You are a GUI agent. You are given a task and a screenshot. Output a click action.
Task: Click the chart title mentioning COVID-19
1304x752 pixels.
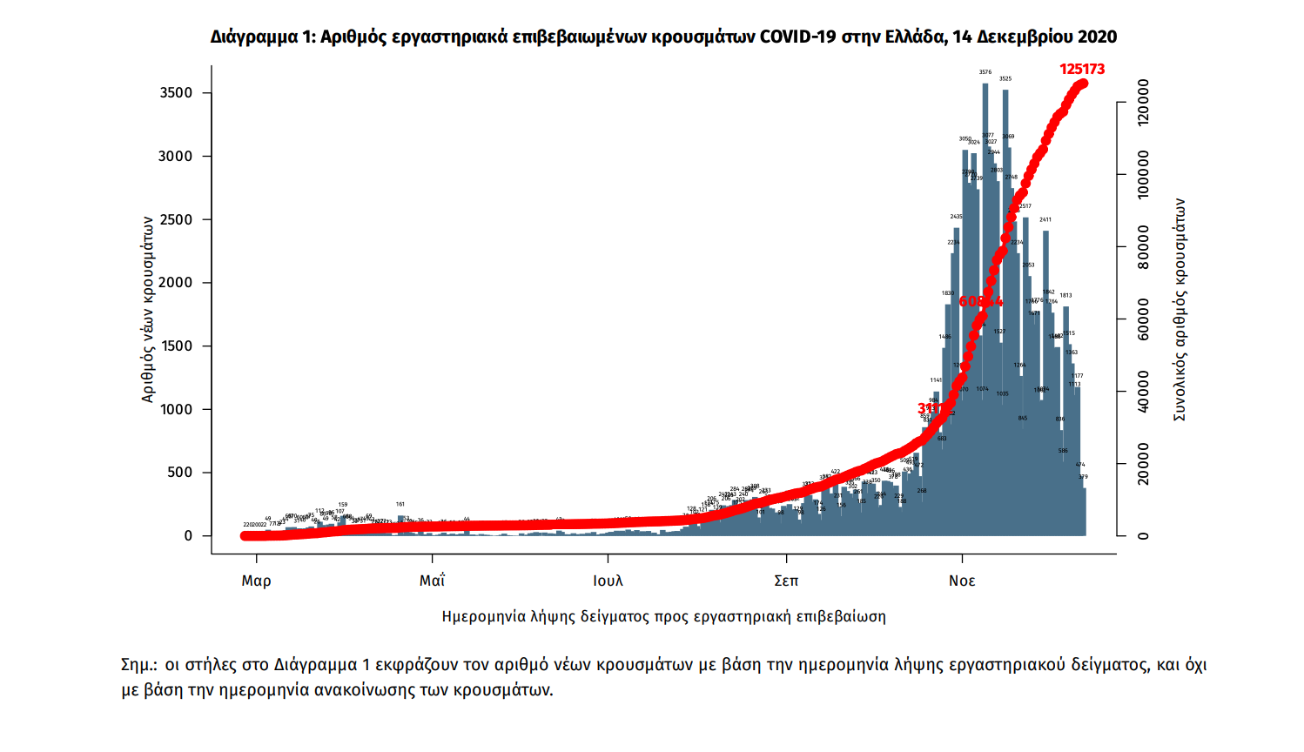point(663,37)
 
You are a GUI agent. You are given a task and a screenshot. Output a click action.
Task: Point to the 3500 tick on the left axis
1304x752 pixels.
point(176,93)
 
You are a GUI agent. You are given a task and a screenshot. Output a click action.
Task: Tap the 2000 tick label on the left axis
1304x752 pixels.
point(176,283)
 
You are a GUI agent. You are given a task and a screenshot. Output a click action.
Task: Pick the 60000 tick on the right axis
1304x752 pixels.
point(1143,319)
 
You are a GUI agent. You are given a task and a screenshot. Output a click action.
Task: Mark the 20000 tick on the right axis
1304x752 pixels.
point(1143,464)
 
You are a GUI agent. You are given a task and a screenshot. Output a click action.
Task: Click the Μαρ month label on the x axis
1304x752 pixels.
point(256,581)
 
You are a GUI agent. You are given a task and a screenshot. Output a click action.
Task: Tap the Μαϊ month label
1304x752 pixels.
point(432,581)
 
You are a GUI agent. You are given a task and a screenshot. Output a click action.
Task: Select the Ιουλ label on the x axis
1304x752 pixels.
point(608,581)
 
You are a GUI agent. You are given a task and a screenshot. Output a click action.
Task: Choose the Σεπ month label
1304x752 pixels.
point(786,581)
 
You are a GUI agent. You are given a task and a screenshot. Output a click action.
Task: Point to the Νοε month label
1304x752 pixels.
point(962,581)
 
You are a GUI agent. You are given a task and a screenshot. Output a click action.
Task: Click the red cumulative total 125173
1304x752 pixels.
point(1082,70)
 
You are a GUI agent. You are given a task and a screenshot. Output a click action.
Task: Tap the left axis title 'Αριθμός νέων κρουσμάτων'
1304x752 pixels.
point(148,309)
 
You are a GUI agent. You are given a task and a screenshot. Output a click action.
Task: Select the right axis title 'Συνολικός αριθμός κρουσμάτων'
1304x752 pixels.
point(1180,309)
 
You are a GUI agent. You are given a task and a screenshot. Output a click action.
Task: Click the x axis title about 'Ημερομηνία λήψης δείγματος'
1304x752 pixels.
point(663,617)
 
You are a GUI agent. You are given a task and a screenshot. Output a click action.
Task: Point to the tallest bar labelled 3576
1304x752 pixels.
point(985,305)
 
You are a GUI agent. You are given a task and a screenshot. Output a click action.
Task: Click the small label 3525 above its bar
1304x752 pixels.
point(1005,79)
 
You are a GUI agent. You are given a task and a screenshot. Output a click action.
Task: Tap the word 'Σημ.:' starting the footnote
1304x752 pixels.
point(139,666)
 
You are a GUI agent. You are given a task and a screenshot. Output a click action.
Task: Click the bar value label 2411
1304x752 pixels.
point(1045,220)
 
